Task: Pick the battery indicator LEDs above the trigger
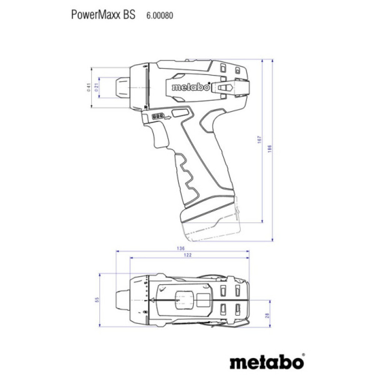coord(157,117)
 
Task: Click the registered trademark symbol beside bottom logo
coord(303,355)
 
